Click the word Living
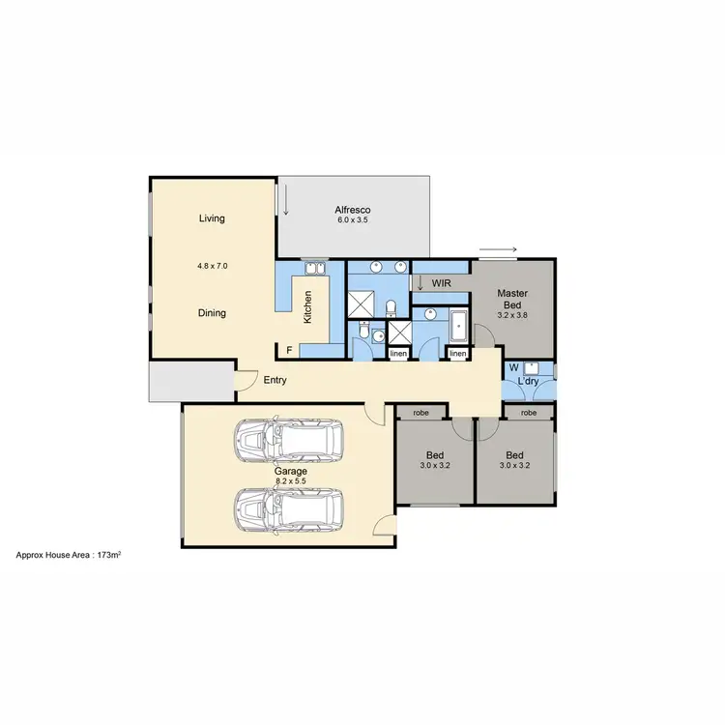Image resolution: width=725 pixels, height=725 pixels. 212,218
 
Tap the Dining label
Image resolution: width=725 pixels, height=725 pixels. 212,313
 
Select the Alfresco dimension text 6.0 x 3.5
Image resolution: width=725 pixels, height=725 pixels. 352,220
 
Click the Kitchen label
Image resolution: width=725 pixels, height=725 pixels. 308,306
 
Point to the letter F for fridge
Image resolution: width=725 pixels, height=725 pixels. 289,349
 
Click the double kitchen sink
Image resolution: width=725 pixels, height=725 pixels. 315,268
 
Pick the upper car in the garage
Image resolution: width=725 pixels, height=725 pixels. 289,441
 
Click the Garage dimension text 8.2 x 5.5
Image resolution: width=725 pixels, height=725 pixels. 289,480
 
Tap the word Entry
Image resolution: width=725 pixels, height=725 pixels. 275,380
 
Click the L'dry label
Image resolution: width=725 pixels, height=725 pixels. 528,382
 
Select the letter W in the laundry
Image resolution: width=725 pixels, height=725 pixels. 513,367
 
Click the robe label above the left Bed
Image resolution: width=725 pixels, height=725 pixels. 420,413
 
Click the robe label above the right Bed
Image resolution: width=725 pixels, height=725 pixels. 528,413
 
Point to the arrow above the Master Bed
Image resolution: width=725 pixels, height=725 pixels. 498,251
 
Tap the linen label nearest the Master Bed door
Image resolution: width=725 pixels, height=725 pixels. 457,355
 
